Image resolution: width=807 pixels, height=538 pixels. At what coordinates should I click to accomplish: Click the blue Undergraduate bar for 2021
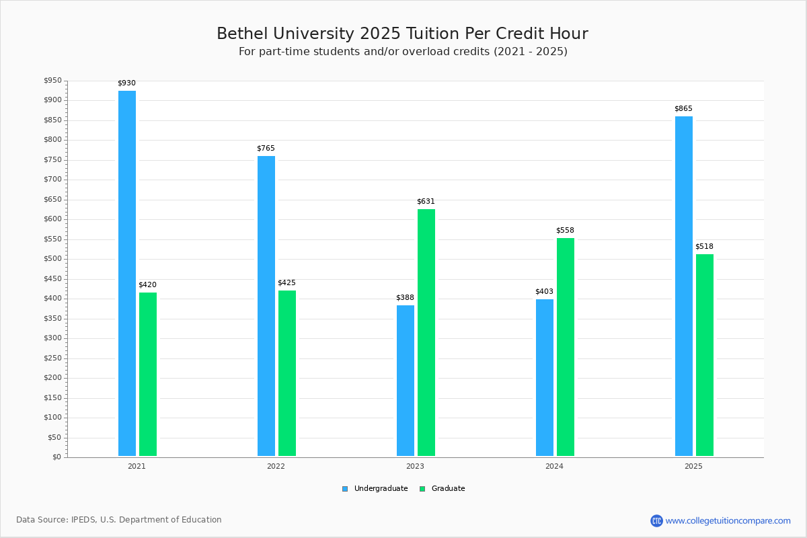(127, 273)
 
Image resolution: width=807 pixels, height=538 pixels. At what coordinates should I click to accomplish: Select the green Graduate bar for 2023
(426, 332)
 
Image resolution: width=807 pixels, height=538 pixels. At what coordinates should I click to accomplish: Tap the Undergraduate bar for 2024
(545, 377)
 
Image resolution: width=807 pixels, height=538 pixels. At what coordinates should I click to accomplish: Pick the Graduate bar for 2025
(705, 355)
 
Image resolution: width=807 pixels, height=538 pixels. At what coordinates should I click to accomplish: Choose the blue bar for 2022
(266, 306)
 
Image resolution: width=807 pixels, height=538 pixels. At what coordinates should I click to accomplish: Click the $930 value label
(126, 83)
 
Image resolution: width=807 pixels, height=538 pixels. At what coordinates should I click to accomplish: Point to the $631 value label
(426, 202)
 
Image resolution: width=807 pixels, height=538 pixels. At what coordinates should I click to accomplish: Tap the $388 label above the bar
(405, 298)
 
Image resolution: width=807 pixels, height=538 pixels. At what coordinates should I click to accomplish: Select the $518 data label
(704, 247)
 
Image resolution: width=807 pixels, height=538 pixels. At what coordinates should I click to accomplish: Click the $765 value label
(266, 149)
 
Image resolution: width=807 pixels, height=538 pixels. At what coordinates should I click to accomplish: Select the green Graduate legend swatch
(422, 489)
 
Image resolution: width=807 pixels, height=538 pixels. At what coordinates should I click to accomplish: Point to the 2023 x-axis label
(415, 466)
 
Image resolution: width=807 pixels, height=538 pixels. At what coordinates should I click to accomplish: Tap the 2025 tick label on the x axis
(693, 466)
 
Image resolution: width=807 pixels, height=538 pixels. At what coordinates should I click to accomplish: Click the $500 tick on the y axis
(52, 259)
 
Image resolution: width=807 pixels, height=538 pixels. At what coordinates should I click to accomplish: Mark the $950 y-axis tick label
(52, 81)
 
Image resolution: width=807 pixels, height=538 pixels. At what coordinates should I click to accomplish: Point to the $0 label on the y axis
(56, 457)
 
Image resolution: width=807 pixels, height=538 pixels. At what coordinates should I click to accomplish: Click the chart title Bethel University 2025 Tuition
(402, 34)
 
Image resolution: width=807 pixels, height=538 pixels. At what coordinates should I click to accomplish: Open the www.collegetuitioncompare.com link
(728, 521)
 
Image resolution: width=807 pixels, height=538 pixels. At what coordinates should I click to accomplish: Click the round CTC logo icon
(656, 521)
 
